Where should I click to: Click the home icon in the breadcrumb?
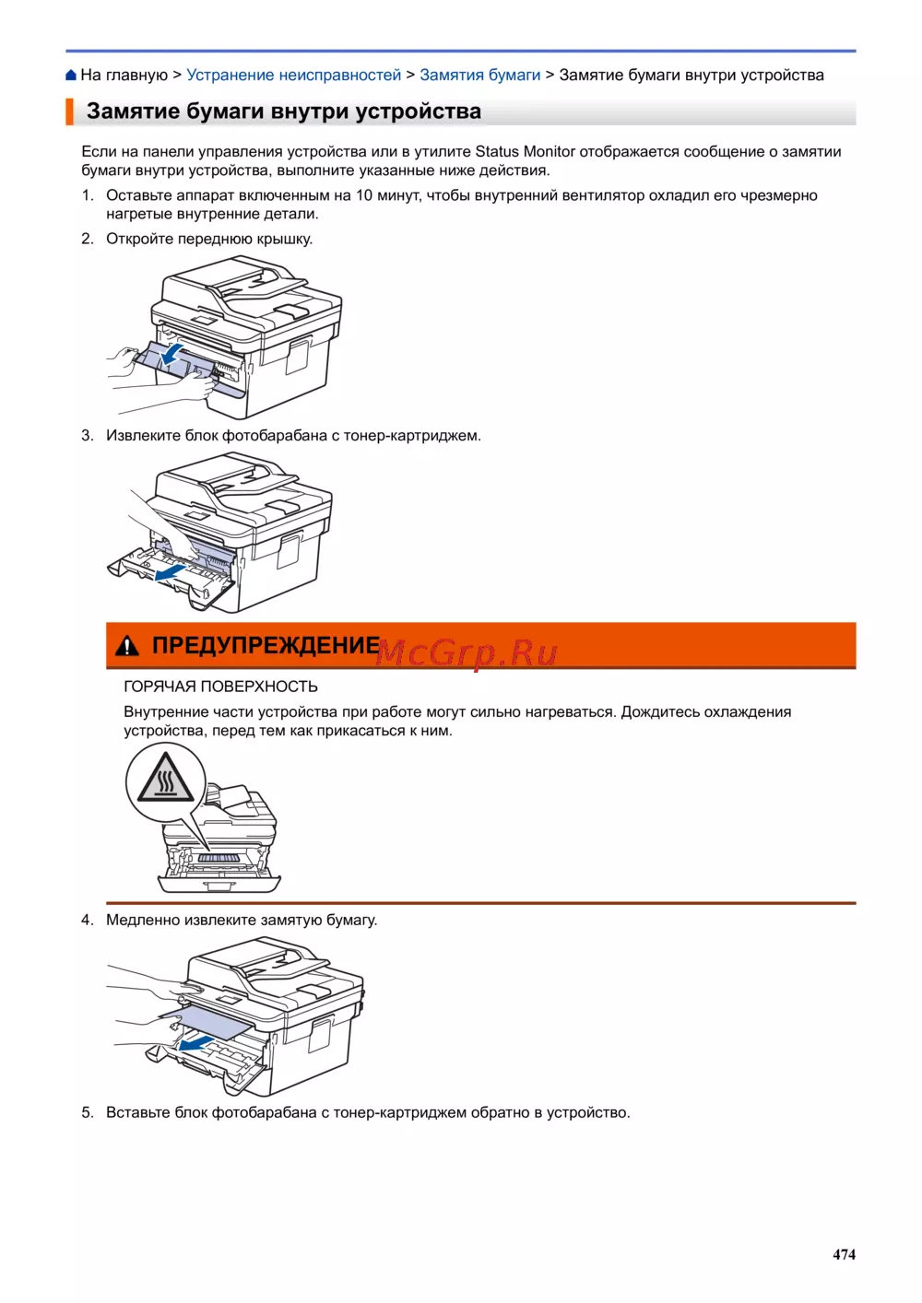click(71, 76)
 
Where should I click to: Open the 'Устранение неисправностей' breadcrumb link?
click(293, 76)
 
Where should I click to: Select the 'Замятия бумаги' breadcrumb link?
click(479, 76)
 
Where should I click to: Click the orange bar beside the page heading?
click(69, 112)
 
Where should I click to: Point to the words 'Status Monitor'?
click(525, 152)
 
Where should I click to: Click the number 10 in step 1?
click(363, 195)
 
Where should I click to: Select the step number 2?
click(87, 239)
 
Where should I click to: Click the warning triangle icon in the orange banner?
click(127, 646)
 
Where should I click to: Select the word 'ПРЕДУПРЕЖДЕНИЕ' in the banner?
click(266, 646)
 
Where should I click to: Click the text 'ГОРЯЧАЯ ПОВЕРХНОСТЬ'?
click(220, 687)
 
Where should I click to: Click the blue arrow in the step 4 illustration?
click(195, 1043)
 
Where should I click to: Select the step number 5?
click(87, 1112)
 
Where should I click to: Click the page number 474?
click(844, 1254)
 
